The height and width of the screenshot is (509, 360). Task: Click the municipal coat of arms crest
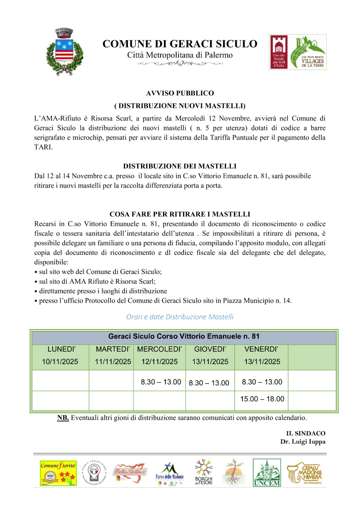pos(65,52)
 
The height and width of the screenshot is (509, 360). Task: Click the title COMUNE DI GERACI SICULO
pos(180,44)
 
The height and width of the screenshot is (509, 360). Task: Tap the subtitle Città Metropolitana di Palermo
pos(180,55)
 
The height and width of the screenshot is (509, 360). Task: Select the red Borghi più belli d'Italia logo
pos(279,52)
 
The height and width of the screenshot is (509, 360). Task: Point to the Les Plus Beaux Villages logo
pos(308,52)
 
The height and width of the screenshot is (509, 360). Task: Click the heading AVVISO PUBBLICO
pos(180,93)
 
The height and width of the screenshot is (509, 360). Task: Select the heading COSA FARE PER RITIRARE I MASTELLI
pos(180,214)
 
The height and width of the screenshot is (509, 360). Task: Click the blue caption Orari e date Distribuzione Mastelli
pos(180,317)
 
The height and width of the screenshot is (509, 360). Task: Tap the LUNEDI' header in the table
pos(61,349)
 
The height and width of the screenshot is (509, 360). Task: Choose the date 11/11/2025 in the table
pos(113,362)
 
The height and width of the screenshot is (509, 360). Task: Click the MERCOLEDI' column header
pos(159,349)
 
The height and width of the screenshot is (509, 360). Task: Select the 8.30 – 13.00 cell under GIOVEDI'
pos(209,383)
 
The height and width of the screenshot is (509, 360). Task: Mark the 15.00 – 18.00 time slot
pos(262,399)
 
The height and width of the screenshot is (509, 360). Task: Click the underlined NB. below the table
pos(63,418)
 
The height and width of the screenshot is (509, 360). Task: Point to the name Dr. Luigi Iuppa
pos(303,442)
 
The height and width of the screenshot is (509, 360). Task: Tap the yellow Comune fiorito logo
pos(58,473)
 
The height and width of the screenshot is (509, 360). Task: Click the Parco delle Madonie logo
pos(170,473)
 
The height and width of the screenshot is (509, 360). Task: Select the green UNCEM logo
pos(267,473)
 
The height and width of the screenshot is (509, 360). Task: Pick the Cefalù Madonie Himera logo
pos(305,473)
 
